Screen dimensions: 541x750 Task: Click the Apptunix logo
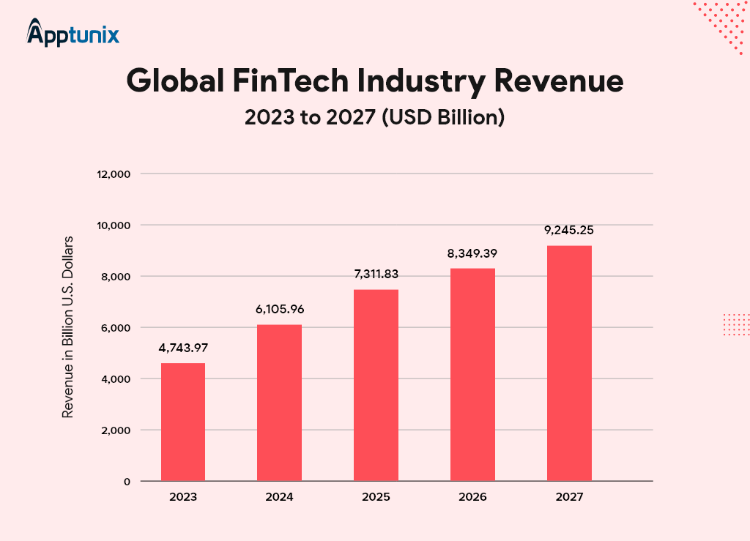click(73, 33)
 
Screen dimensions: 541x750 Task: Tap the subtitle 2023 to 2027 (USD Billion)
click(374, 117)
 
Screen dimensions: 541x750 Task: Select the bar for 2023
click(183, 422)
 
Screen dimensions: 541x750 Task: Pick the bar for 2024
click(280, 403)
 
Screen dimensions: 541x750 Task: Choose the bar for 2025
click(376, 385)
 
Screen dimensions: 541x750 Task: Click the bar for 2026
click(473, 374)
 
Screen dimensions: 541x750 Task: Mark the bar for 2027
click(570, 363)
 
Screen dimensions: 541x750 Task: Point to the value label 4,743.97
click(183, 347)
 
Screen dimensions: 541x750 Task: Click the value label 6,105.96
click(280, 309)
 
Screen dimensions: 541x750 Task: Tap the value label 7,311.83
click(376, 274)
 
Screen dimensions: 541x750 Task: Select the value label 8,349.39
click(473, 253)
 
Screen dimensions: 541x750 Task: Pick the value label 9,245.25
click(570, 230)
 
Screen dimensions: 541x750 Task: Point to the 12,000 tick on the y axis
click(114, 174)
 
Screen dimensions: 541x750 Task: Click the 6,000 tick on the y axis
click(116, 328)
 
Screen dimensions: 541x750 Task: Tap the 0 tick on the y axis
click(127, 482)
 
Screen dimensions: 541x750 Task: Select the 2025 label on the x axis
click(376, 497)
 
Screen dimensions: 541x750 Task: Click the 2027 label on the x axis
click(570, 497)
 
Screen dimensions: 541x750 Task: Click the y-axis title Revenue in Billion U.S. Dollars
click(67, 327)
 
